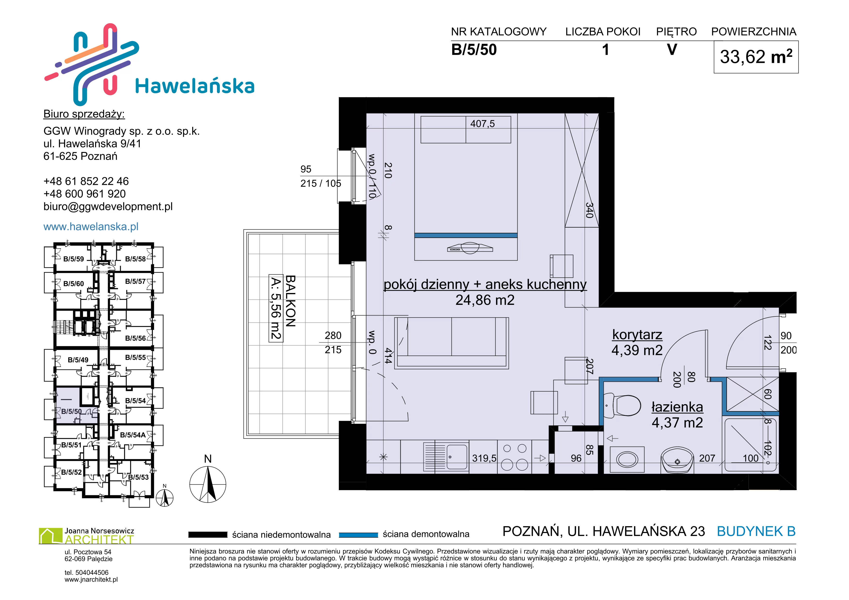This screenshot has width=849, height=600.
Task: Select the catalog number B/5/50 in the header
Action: coord(474,50)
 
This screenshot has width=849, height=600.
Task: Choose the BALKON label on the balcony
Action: coord(290,301)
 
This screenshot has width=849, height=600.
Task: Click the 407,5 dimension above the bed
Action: coord(482,124)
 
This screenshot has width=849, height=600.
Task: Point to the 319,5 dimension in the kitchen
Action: coord(484,458)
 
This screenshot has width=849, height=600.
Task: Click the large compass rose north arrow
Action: coord(208,484)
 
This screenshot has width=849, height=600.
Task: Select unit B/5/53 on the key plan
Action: coord(138,477)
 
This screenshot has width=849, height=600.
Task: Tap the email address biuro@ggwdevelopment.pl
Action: coord(108,207)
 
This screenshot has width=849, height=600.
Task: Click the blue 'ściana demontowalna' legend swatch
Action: coord(358,535)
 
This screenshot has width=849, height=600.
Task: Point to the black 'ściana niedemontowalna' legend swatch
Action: coord(207,535)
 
